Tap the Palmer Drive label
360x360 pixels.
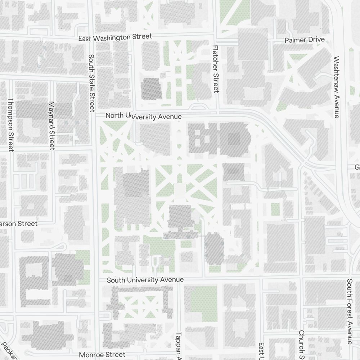[305, 40]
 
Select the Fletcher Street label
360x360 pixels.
[216, 69]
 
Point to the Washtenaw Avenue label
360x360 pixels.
[337, 87]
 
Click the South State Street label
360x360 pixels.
[91, 82]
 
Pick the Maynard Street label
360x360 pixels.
[51, 125]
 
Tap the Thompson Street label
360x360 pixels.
[10, 125]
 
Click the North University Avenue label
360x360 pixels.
[144, 116]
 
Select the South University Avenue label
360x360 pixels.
[145, 280]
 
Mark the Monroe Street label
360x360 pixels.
[102, 355]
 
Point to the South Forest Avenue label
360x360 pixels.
[349, 311]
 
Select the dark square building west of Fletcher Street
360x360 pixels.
[151, 88]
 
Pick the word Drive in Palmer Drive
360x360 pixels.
[316, 40]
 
